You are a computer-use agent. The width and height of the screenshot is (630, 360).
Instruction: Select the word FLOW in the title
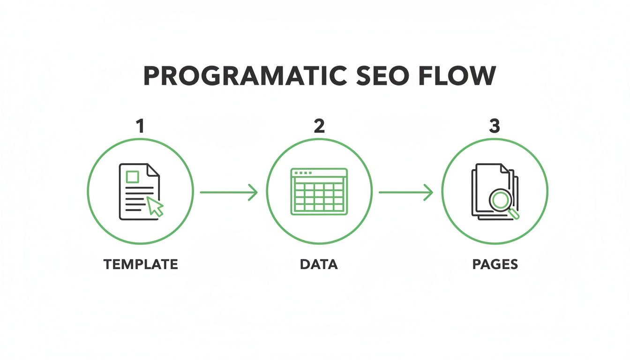pyautogui.click(x=456, y=76)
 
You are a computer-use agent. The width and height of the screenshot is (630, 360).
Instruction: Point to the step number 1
pyautogui.click(x=140, y=126)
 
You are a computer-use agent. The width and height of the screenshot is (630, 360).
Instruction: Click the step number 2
pyautogui.click(x=319, y=126)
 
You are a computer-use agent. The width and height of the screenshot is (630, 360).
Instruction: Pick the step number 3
pyautogui.click(x=495, y=126)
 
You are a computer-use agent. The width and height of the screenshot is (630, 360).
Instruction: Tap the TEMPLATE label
pyautogui.click(x=141, y=264)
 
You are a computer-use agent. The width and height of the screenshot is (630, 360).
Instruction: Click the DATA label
pyautogui.click(x=319, y=264)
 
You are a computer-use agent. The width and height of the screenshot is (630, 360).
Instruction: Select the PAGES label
pyautogui.click(x=495, y=264)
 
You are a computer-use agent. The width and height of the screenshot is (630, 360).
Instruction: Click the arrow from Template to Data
pyautogui.click(x=229, y=192)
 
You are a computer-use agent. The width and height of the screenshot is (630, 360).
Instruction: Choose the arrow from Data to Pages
pyautogui.click(x=405, y=192)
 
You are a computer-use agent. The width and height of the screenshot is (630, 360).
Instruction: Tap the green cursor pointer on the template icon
pyautogui.click(x=155, y=206)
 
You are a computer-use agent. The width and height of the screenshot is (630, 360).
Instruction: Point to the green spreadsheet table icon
pyautogui.click(x=319, y=192)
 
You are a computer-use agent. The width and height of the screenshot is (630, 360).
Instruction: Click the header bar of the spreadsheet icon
pyautogui.click(x=319, y=173)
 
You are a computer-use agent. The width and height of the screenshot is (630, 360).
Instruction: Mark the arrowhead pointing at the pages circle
pyautogui.click(x=428, y=192)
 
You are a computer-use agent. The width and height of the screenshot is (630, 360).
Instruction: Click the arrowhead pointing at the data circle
pyautogui.click(x=253, y=192)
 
